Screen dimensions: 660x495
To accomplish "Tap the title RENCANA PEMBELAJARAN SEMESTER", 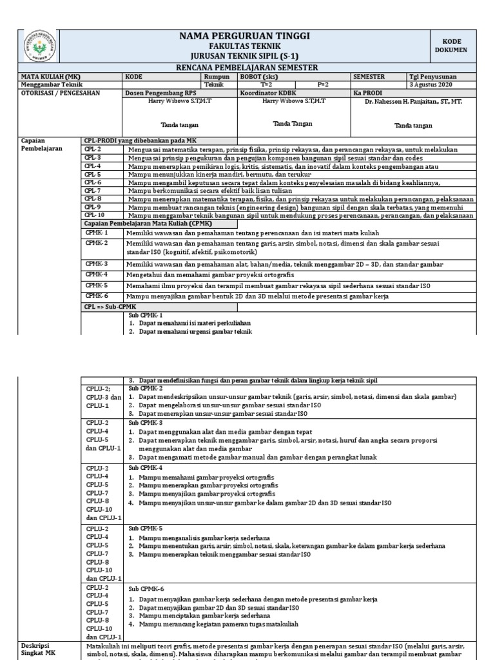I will point(247,68).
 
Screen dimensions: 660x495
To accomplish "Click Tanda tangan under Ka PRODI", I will point(413,126).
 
